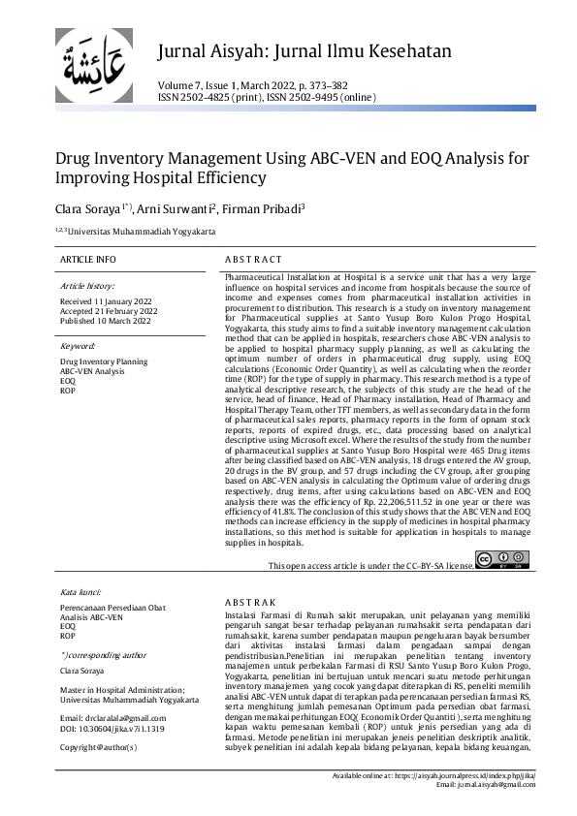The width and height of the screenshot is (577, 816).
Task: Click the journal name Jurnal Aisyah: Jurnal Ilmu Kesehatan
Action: (304, 50)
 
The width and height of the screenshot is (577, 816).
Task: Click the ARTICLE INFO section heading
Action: (87, 260)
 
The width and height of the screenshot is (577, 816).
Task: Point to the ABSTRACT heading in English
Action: (253, 260)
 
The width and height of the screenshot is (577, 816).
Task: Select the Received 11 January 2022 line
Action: (106, 301)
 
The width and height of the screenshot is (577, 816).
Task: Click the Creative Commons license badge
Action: (502, 559)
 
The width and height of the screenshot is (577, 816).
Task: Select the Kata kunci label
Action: (81, 590)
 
